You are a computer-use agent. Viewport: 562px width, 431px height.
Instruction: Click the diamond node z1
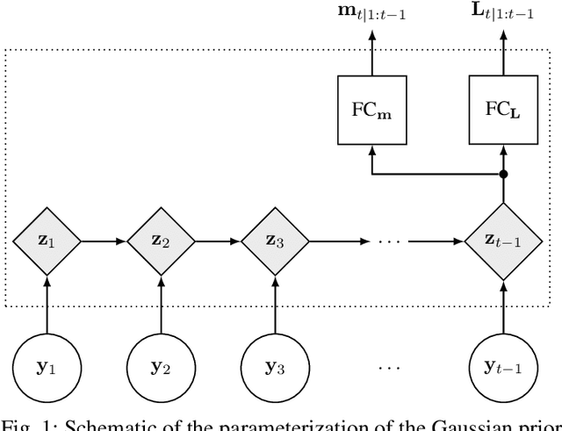point(47,239)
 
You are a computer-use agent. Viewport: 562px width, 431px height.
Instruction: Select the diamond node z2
point(162,239)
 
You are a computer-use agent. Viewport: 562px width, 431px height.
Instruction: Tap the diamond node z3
point(276,239)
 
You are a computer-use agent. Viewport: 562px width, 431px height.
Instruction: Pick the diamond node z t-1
point(503,239)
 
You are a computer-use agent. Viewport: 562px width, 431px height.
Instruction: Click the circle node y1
point(47,364)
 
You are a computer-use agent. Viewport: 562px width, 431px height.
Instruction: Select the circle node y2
point(162,364)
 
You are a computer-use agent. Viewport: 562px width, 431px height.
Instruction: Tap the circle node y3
point(276,364)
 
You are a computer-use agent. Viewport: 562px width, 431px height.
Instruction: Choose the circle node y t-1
point(503,364)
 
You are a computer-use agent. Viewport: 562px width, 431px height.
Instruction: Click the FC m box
point(372,110)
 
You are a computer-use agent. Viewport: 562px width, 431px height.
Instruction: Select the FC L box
point(503,110)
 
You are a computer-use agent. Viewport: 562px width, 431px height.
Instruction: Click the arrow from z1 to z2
point(104,239)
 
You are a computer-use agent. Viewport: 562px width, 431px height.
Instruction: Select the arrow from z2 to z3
point(219,239)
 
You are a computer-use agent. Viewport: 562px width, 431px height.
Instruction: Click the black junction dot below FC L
point(503,174)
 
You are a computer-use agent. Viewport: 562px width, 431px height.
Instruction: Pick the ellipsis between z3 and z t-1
point(389,240)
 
